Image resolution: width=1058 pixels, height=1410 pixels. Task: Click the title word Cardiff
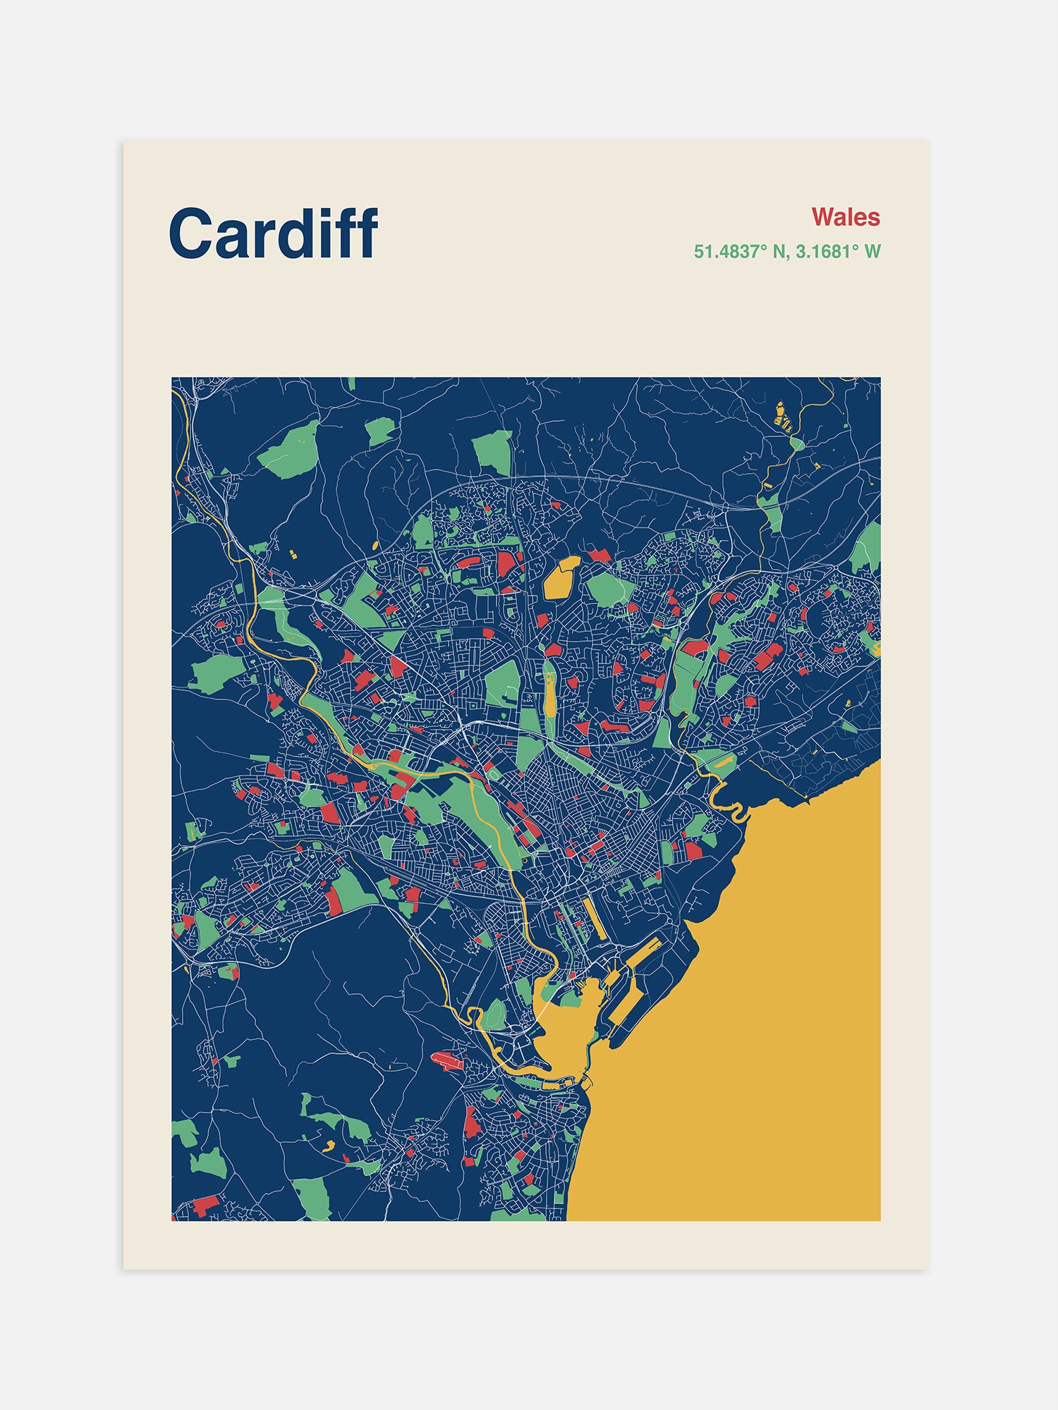point(273,233)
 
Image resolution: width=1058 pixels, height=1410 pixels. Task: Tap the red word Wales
point(845,216)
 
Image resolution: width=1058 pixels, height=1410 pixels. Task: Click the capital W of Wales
point(823,216)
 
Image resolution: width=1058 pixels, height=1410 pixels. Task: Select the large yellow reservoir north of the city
point(561,577)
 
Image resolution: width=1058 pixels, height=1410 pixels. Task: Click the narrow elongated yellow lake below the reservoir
point(549,694)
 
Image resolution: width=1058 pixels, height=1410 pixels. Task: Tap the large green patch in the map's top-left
point(289,449)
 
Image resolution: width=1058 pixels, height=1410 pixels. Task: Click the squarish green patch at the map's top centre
point(492,451)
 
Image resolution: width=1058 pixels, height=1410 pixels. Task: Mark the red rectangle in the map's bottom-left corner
point(206,1205)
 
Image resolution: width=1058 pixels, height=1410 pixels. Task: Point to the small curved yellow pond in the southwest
point(328,1144)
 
